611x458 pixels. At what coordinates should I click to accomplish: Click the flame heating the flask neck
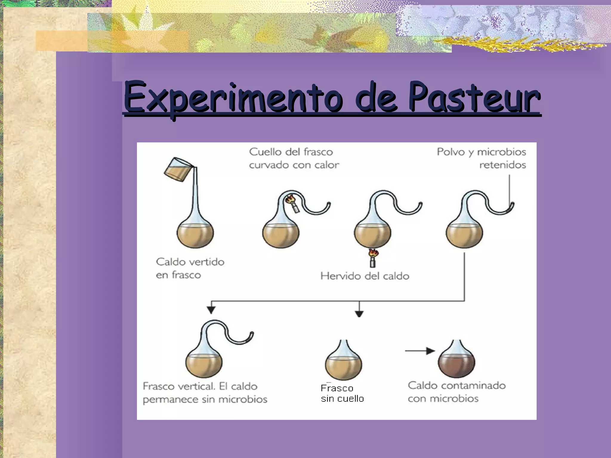(289, 199)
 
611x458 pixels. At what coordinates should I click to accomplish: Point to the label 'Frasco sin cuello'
(342, 393)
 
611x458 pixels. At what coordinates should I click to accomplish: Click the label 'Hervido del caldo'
(365, 276)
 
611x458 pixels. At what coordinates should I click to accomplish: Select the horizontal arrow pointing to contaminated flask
(419, 351)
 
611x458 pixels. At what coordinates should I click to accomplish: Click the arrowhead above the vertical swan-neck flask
(211, 310)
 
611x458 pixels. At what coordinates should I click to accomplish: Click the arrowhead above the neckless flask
(359, 314)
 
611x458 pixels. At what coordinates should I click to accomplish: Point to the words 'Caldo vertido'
(190, 262)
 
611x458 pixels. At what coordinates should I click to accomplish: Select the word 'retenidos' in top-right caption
(502, 165)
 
